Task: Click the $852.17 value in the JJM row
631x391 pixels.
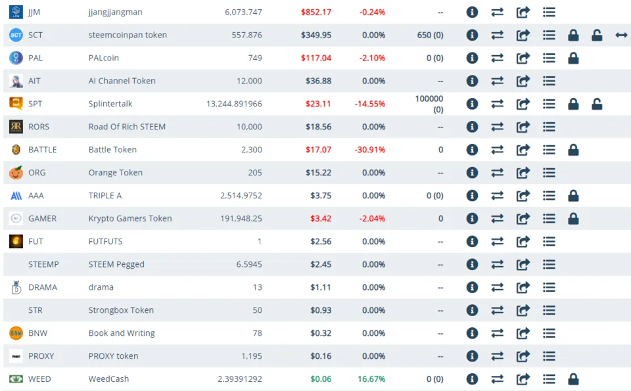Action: tap(315, 12)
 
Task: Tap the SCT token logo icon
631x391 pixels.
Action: tap(16, 35)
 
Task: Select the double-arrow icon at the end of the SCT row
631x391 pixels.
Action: tap(621, 35)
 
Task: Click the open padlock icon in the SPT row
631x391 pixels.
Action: tap(597, 104)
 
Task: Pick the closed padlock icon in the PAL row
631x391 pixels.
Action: tap(573, 58)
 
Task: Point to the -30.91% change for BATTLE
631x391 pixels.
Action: tap(372, 150)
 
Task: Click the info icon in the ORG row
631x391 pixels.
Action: tap(472, 173)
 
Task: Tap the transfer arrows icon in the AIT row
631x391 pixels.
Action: tap(498, 81)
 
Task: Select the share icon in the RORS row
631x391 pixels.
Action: tap(523, 127)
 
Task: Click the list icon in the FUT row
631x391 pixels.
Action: tap(549, 241)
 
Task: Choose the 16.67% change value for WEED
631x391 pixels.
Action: tap(371, 379)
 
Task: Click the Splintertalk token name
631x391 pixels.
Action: tap(110, 104)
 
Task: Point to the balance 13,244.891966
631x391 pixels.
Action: tap(234, 104)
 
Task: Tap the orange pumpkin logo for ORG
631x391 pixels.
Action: tap(16, 173)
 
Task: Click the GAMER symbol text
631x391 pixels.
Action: tap(42, 218)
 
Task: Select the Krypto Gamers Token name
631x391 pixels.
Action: tap(130, 218)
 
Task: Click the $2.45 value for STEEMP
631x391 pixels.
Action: tap(321, 264)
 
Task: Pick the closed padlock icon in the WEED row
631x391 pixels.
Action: tap(573, 379)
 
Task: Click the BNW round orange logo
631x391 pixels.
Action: tap(16, 333)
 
